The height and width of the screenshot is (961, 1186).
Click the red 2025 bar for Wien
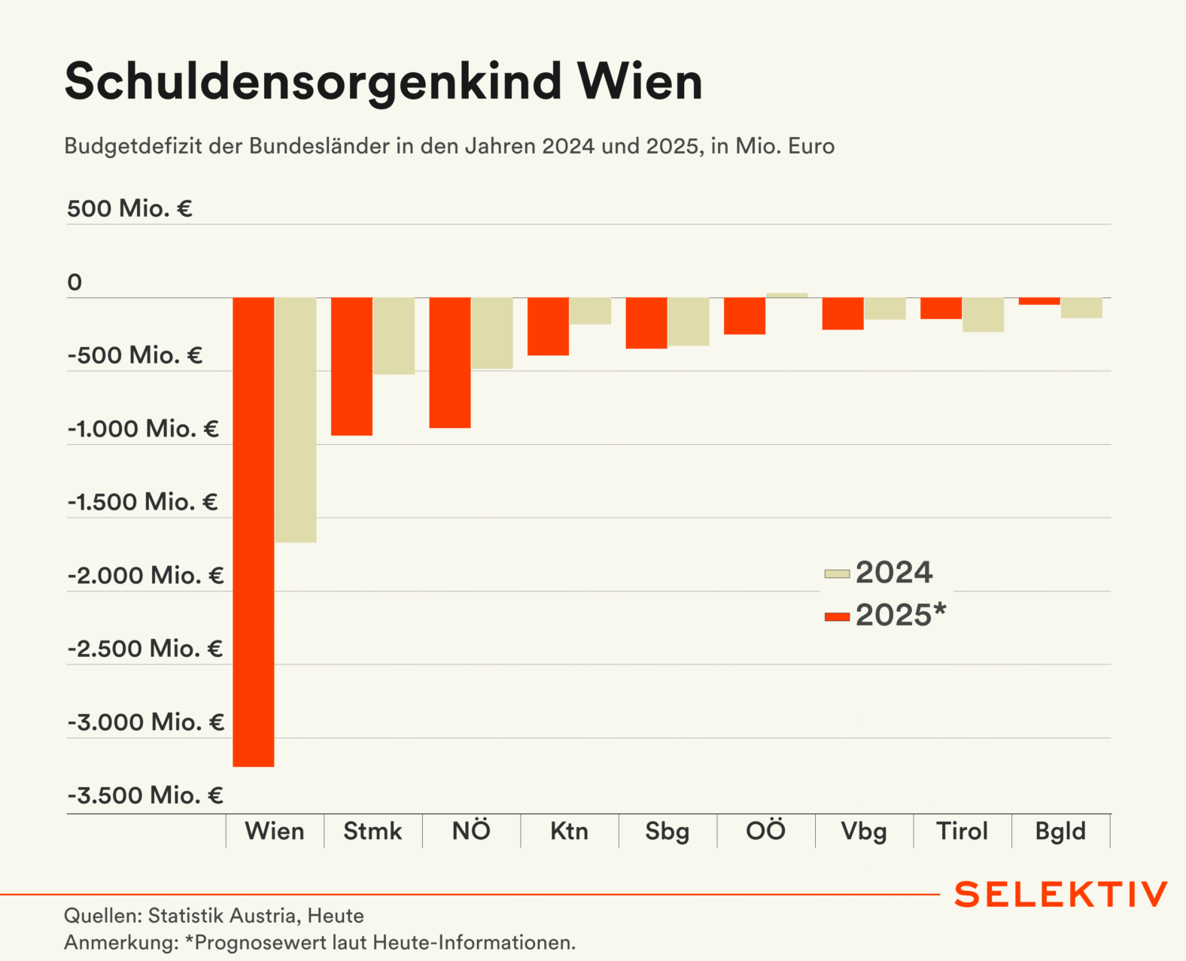coord(254,531)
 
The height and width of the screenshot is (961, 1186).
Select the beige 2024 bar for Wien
coord(296,420)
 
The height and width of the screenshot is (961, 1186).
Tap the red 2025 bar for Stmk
coord(351,366)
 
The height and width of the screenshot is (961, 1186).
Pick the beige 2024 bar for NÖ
coord(492,333)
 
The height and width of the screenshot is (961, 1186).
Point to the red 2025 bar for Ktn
coord(548,327)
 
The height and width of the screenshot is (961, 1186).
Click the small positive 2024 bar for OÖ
coord(786,295)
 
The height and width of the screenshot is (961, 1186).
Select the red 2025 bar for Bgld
coord(1039,301)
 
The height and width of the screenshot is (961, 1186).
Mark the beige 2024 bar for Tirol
coord(983,315)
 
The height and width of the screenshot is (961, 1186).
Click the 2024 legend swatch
coord(837,574)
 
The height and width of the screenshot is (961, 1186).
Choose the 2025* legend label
coord(901,616)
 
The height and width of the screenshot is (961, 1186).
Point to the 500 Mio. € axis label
coord(129,208)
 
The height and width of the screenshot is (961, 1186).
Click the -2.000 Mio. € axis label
coord(146,576)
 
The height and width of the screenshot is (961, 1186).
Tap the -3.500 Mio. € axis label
coord(146,795)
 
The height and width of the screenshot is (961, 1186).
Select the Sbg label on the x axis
coord(668,832)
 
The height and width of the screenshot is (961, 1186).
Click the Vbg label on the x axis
coord(864,832)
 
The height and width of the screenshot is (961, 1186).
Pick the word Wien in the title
coord(640,81)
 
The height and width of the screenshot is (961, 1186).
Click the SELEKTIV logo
coord(1061,895)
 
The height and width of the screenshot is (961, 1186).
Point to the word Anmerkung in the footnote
coord(120,943)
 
